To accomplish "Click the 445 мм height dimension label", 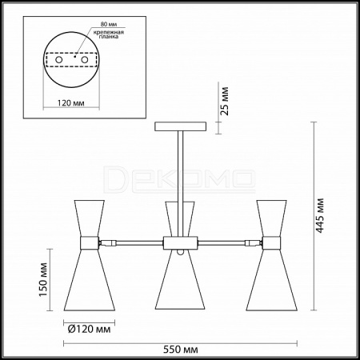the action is coord(320,215).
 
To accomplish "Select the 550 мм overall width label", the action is coord(181,350).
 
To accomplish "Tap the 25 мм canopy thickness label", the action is coord(225,101).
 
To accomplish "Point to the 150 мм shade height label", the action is coord(43,279).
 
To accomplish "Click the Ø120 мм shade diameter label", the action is coord(89,330).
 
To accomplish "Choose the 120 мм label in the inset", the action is coord(71,103).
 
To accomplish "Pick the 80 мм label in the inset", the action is coord(109,24).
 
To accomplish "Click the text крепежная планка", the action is coord(109,34).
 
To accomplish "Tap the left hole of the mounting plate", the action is coord(59,60).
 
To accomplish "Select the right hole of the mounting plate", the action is coord(85,60).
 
